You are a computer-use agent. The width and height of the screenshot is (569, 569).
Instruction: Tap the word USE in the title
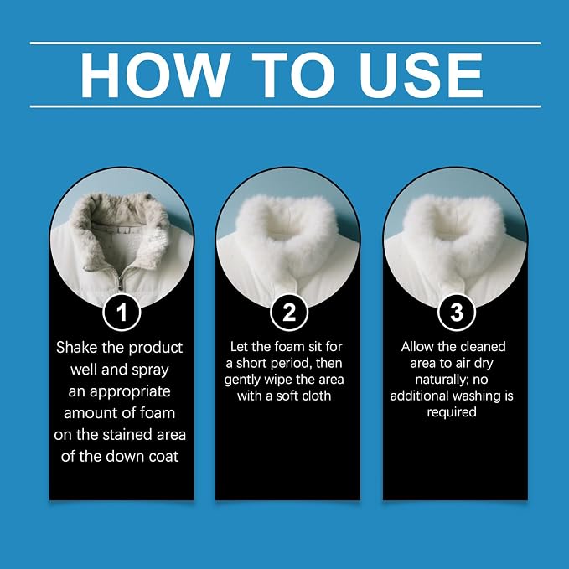pyautogui.click(x=421, y=75)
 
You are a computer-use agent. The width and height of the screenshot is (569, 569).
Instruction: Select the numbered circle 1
pyautogui.click(x=122, y=312)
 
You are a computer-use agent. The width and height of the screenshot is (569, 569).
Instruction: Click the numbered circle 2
pyautogui.click(x=289, y=312)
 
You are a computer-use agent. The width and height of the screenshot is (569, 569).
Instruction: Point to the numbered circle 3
pyautogui.click(x=457, y=312)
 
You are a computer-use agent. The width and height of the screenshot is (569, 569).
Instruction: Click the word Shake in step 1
pyautogui.click(x=76, y=347)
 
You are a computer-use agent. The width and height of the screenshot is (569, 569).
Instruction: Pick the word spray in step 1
pyautogui.click(x=150, y=370)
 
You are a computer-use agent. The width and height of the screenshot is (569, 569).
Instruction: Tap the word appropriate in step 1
pyautogui.click(x=130, y=392)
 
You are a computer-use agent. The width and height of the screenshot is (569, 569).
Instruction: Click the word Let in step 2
pyautogui.click(x=239, y=347)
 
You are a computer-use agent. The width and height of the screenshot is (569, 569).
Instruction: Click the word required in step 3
pyautogui.click(x=452, y=412)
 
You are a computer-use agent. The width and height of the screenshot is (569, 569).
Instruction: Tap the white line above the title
pyautogui.click(x=285, y=44)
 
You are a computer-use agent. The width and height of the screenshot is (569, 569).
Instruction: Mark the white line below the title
pyautogui.click(x=285, y=106)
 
